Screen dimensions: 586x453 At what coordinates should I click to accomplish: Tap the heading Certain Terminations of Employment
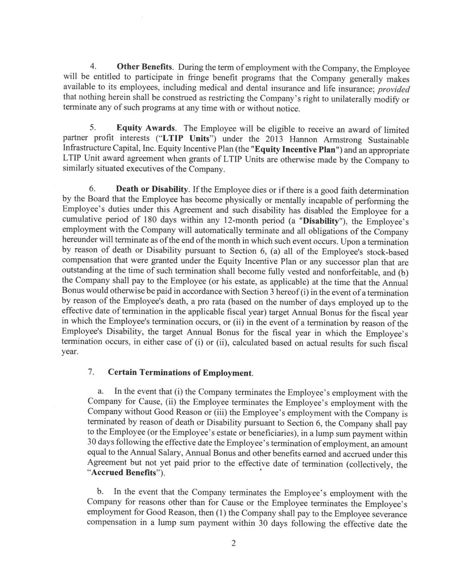[180, 373]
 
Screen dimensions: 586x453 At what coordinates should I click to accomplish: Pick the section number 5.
[92, 128]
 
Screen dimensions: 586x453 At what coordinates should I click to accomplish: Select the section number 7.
[91, 372]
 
